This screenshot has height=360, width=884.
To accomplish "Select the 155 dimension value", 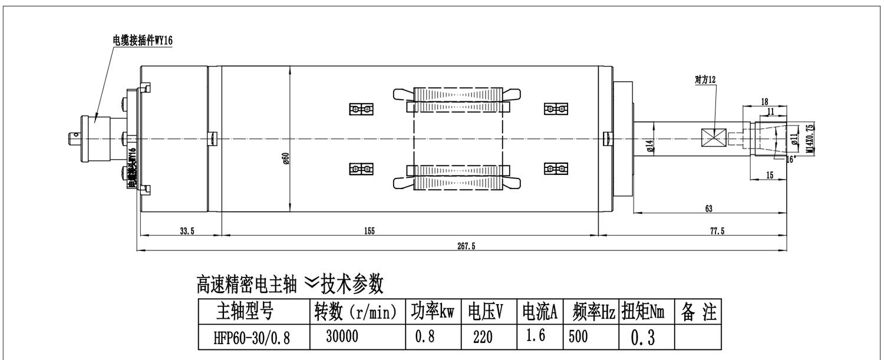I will pyautogui.click(x=369, y=230).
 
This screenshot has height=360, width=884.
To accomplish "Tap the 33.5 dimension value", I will pyautogui.click(x=186, y=230).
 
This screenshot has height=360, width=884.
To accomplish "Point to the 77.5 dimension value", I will pyautogui.click(x=717, y=230).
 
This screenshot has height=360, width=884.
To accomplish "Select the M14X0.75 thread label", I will pyautogui.click(x=810, y=138).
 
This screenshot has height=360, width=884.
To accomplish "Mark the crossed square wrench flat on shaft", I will pyautogui.click(x=714, y=138).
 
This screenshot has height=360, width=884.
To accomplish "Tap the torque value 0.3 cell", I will pyautogui.click(x=643, y=338).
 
